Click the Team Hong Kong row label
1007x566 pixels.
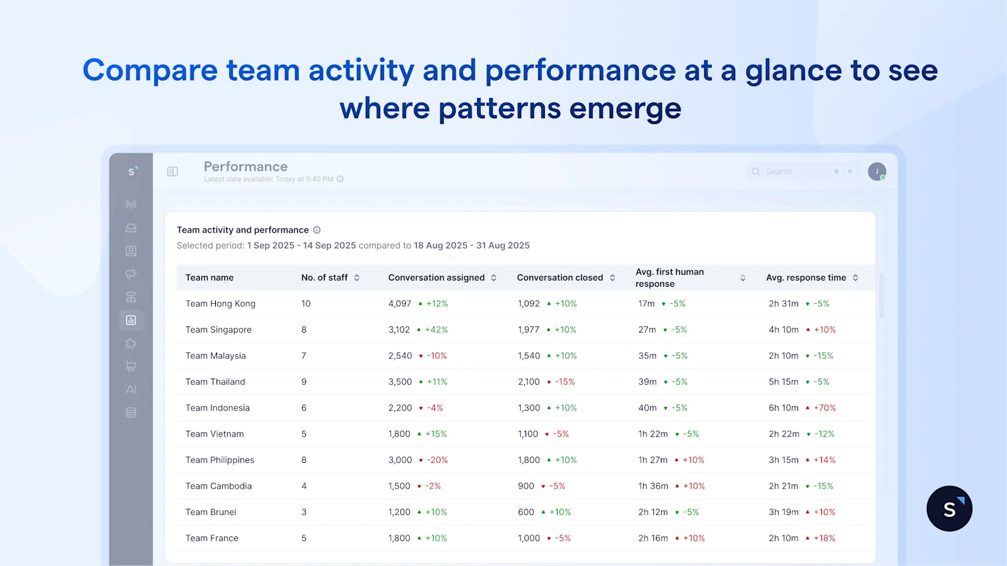[220, 304]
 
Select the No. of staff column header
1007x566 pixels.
[324, 278]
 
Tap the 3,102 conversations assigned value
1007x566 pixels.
[399, 330]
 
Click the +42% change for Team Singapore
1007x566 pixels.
[436, 330]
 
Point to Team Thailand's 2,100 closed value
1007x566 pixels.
[529, 382]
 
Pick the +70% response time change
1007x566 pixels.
[824, 408]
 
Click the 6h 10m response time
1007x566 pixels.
[784, 408]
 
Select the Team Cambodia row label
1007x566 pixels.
[218, 486]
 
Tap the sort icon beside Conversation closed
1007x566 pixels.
[612, 278]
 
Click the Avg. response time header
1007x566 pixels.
[806, 278]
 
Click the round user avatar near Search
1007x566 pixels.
[877, 172]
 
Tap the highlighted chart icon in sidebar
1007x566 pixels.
[131, 320]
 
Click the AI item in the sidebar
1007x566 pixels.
[131, 390]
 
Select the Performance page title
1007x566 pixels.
[245, 167]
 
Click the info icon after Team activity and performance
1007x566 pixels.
[317, 230]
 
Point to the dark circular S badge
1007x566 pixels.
[949, 509]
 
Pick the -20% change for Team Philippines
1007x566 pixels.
[437, 460]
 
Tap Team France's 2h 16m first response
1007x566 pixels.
[653, 538]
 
